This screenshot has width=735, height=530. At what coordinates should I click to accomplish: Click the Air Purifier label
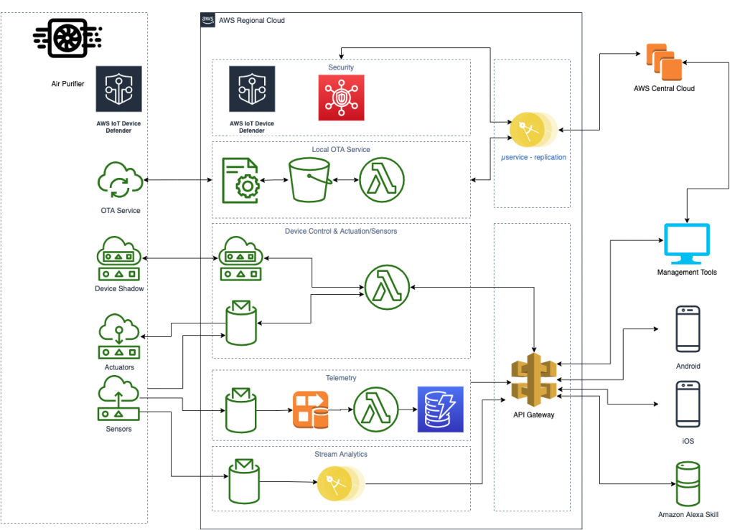pyautogui.click(x=67, y=84)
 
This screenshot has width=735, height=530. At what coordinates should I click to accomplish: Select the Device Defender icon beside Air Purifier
pyautogui.click(x=118, y=99)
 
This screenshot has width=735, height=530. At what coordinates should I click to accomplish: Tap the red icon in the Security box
pyautogui.click(x=341, y=97)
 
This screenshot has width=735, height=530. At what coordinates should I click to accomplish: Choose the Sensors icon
pyautogui.click(x=118, y=398)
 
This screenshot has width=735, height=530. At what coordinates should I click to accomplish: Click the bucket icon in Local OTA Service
pyautogui.click(x=309, y=180)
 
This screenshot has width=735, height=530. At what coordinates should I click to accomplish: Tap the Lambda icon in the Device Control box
pyautogui.click(x=387, y=287)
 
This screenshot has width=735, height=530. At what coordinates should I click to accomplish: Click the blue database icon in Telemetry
pyautogui.click(x=441, y=410)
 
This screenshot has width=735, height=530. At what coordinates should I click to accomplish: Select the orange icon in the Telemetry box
pyautogui.click(x=311, y=410)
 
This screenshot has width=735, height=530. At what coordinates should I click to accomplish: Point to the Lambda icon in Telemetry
pyautogui.click(x=375, y=410)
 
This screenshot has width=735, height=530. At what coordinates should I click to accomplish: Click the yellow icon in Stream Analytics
pyautogui.click(x=341, y=483)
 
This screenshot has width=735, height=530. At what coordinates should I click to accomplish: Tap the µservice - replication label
pyautogui.click(x=534, y=157)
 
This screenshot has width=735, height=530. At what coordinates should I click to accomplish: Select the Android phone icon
pyautogui.click(x=688, y=329)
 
